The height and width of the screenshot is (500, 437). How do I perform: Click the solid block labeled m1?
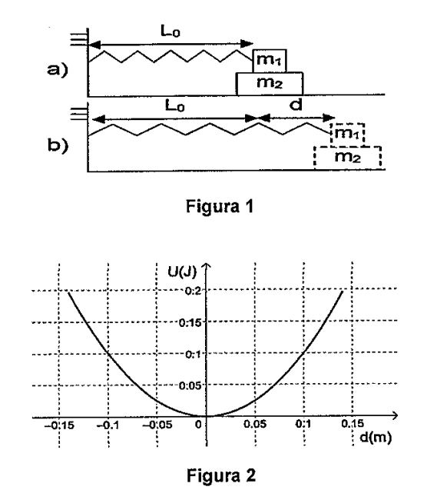pyautogui.click(x=270, y=61)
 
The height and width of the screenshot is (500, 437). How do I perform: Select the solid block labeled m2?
pyautogui.click(x=270, y=84)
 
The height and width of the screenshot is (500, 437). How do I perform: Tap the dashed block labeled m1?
pyautogui.click(x=348, y=135)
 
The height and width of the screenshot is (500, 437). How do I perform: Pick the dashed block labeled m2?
pyautogui.click(x=348, y=158)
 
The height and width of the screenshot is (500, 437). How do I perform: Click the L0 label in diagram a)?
pyautogui.click(x=170, y=32)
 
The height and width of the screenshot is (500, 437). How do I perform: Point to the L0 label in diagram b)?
pyautogui.click(x=175, y=106)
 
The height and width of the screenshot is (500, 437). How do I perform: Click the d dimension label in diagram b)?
pyautogui.click(x=296, y=105)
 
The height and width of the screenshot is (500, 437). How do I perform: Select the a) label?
pyautogui.click(x=58, y=69)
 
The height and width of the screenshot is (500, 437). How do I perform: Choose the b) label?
pyautogui.click(x=58, y=145)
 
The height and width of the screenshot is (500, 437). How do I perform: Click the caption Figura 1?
pyautogui.click(x=220, y=206)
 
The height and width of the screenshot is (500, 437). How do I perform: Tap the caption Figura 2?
pyautogui.click(x=221, y=475)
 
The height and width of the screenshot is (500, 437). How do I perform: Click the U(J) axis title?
pyautogui.click(x=182, y=272)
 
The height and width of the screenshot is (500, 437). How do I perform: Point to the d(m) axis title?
pyautogui.click(x=376, y=437)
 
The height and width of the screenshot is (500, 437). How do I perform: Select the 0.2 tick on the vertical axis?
pyautogui.click(x=193, y=291)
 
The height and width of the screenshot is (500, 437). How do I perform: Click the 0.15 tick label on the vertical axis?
pyautogui.click(x=190, y=323)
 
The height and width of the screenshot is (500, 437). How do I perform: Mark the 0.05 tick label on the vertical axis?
pyautogui.click(x=190, y=386)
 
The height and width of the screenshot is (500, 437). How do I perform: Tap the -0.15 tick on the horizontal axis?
pyautogui.click(x=59, y=425)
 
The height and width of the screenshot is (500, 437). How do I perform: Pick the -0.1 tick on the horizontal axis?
pyautogui.click(x=108, y=425)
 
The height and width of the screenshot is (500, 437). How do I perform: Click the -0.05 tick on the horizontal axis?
pyautogui.click(x=157, y=425)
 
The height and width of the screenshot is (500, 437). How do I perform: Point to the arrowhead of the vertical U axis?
pyautogui.click(x=207, y=265)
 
